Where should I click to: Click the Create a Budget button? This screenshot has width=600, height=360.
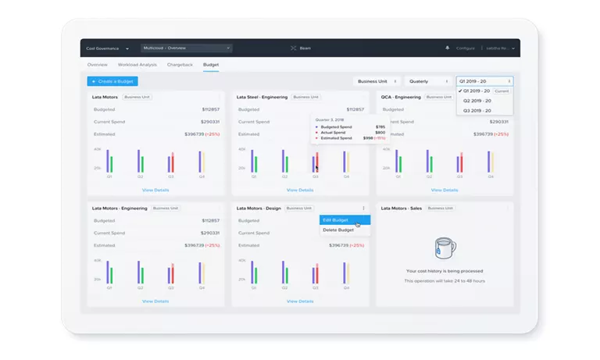pos(112,81)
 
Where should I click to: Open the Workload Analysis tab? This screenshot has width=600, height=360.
pos(137,64)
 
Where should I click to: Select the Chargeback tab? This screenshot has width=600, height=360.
pos(180,64)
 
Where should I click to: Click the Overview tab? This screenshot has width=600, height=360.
pos(98,64)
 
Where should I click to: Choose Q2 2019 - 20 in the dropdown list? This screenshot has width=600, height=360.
pos(477,101)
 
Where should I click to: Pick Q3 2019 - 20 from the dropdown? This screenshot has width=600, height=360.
pos(477,111)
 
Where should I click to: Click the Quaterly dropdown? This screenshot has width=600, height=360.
pos(429,81)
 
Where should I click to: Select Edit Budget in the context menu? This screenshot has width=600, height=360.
pos(336,220)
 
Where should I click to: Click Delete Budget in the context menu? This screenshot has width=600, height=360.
pos(338,230)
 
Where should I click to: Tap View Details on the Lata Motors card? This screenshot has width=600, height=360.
pos(155,190)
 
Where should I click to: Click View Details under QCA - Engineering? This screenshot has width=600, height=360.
pos(445,190)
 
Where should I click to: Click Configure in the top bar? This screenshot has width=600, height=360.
pos(466,48)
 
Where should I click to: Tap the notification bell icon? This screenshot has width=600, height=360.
pos(448,48)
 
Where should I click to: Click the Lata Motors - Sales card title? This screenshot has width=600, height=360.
pos(402,209)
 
